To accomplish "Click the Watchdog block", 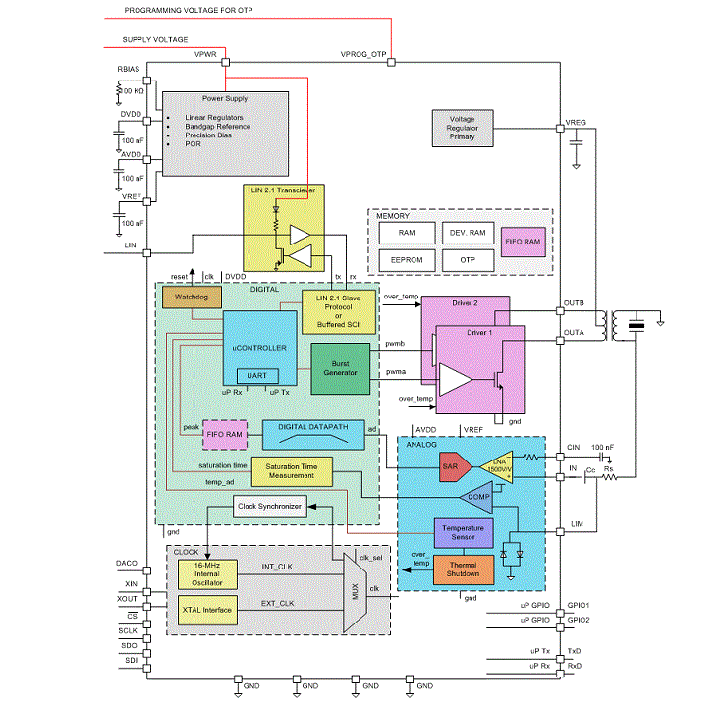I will (x=192, y=297).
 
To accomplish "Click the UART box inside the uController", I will (x=258, y=375).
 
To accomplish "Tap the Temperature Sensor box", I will (x=471, y=534).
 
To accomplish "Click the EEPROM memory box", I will (x=407, y=261).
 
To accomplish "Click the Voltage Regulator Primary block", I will (x=462, y=129).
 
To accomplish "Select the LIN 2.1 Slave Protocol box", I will (x=338, y=311).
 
